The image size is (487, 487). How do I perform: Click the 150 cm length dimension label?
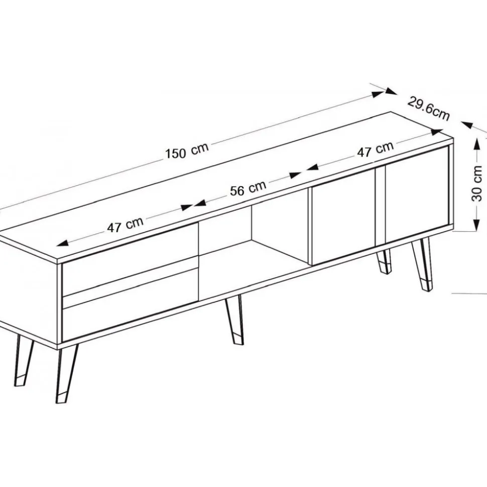pyautogui.click(x=187, y=151)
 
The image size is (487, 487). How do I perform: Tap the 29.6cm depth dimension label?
pyautogui.click(x=429, y=108)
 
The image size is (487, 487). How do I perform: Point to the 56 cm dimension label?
pyautogui.click(x=248, y=188)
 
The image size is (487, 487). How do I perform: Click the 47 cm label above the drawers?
pyautogui.click(x=126, y=224)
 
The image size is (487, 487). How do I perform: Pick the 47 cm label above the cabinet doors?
pyautogui.click(x=375, y=149)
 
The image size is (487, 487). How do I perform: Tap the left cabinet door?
pyautogui.click(x=343, y=217)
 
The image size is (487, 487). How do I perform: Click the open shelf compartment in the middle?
pyautogui.click(x=254, y=245)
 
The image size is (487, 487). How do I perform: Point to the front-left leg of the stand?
pyautogui.click(x=66, y=375)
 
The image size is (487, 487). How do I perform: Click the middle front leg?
pyautogui.click(x=235, y=320)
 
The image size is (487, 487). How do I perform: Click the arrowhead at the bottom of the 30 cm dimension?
pyautogui.click(x=476, y=225)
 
